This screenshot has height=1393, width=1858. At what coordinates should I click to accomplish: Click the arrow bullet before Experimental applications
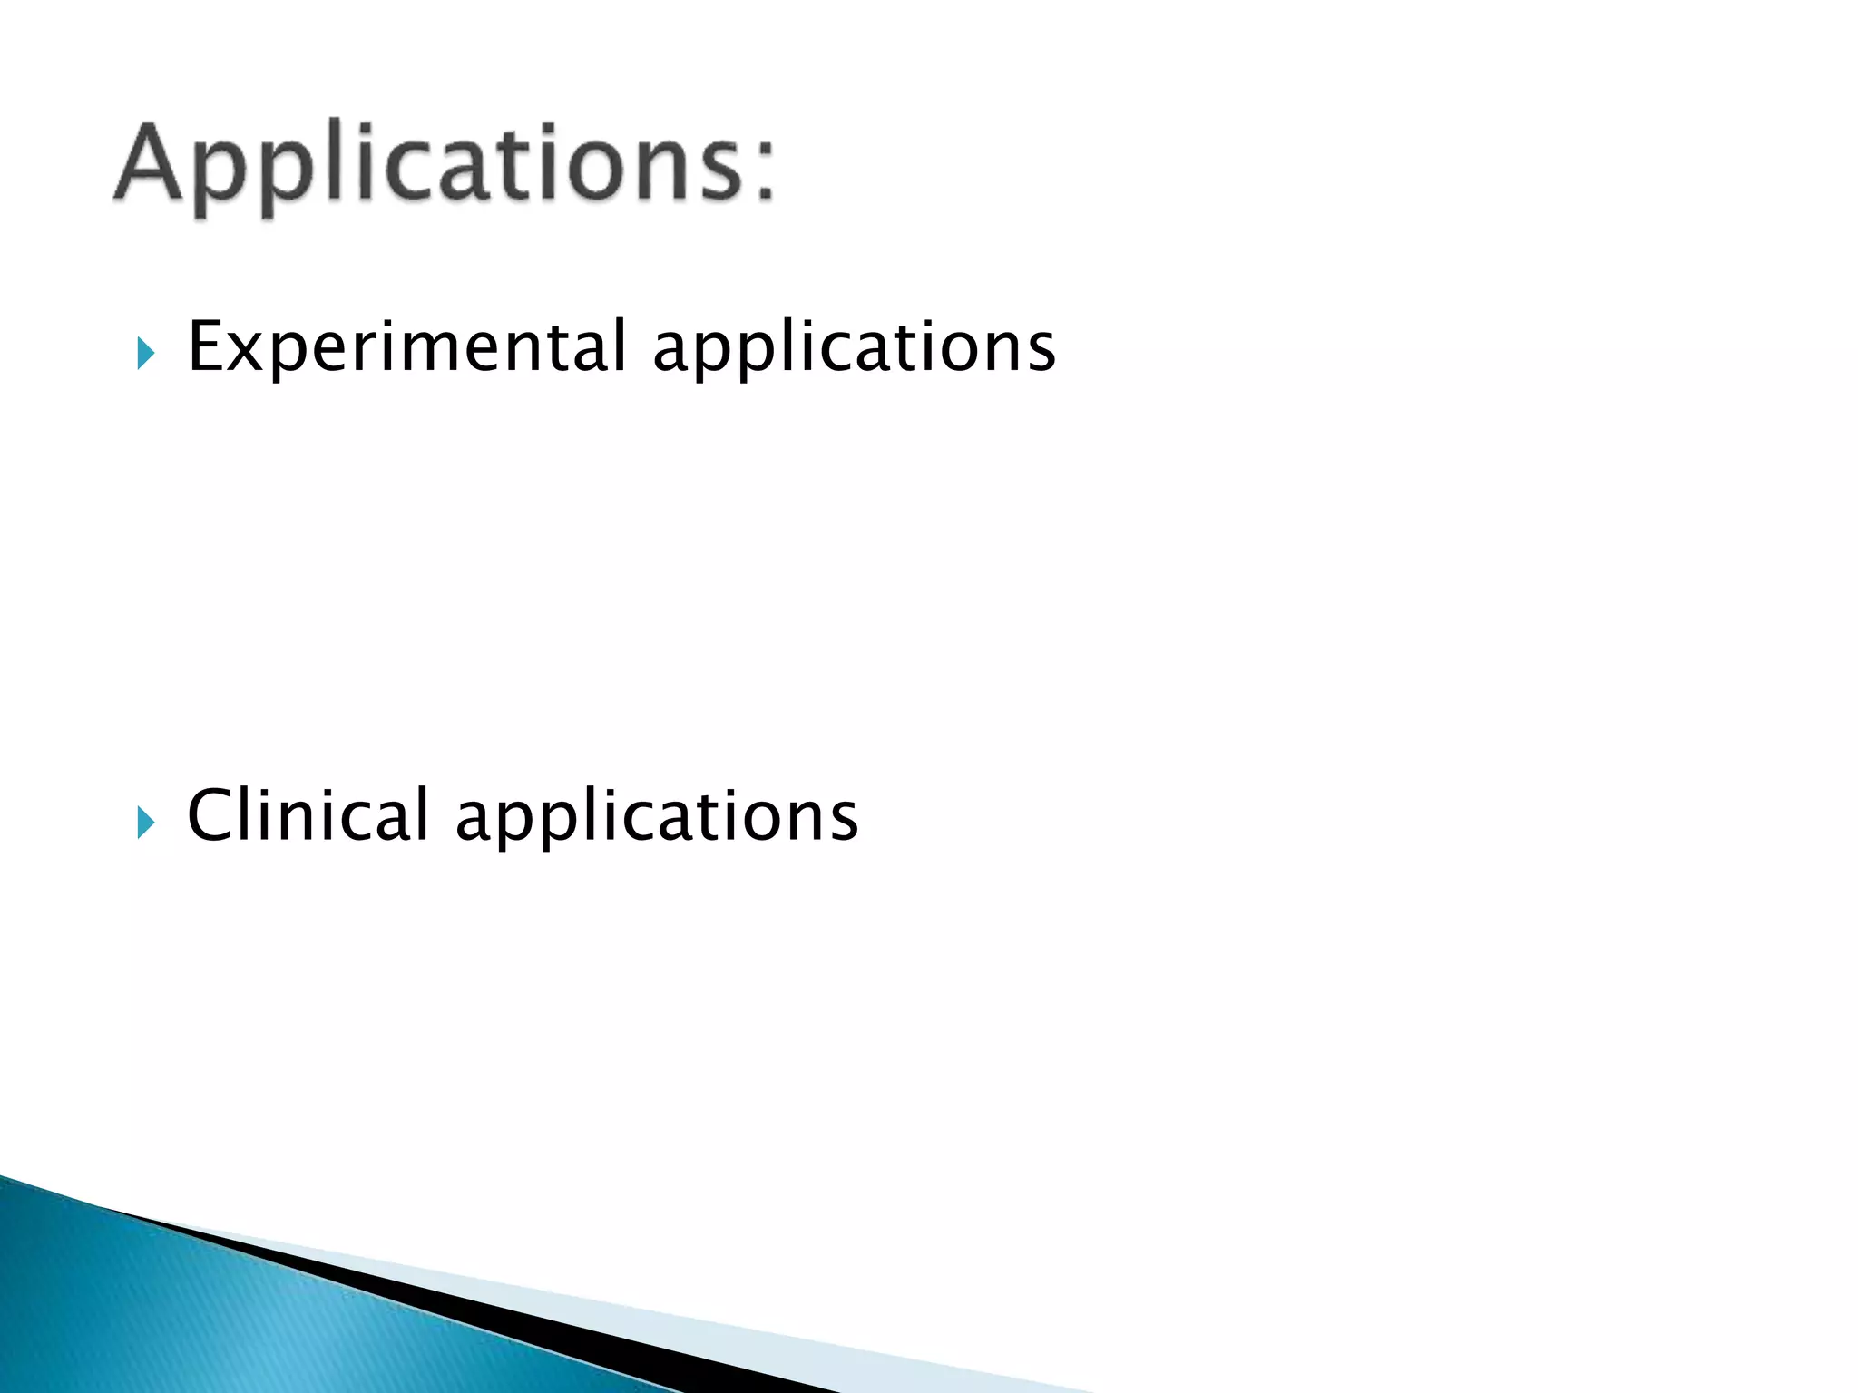click(144, 353)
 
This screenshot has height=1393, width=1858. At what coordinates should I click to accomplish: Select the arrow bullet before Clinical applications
click(144, 823)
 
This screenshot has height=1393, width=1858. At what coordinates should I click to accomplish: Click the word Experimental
click(406, 347)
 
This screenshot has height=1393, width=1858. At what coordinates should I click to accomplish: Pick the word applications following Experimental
click(855, 347)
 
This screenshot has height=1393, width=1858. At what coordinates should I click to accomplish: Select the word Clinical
click(308, 815)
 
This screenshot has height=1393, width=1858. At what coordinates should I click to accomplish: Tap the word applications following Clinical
click(657, 817)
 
